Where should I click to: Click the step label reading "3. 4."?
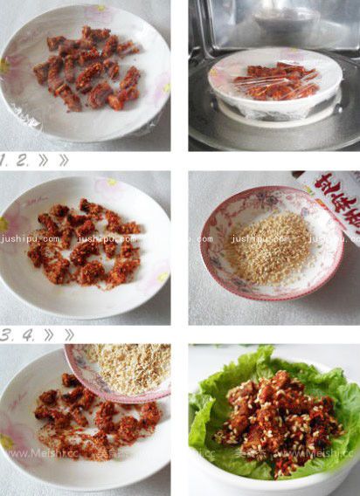[x=19, y=334]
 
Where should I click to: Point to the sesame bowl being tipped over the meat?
[x=122, y=370]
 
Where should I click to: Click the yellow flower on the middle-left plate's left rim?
[x=5, y=226]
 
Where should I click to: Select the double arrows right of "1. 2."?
[x=52, y=161]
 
